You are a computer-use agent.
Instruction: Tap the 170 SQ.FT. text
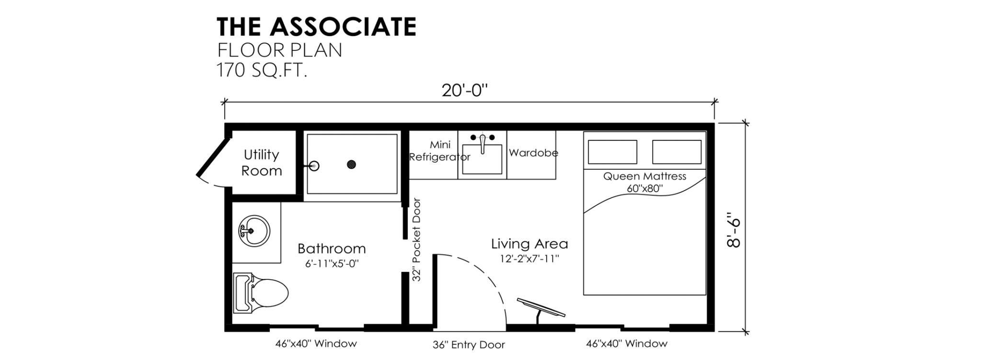(262, 70)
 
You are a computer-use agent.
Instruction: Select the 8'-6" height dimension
(733, 229)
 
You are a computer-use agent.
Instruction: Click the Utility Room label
(261, 163)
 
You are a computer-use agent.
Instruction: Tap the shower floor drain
(352, 164)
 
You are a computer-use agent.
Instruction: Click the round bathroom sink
(254, 231)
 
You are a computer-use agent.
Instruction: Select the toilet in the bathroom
(261, 292)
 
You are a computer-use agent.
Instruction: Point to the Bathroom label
(332, 248)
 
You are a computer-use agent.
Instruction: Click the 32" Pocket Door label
(416, 240)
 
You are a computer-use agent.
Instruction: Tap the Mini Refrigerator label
(439, 151)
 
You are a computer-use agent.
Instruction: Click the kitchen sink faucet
(483, 143)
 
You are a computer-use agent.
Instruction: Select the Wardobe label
(533, 153)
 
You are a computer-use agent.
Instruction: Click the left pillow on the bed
(612, 152)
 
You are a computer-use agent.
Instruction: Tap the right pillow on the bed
(677, 152)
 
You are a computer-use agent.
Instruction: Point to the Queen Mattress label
(644, 176)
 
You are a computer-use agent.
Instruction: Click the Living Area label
(529, 244)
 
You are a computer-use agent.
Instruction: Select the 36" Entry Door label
(469, 345)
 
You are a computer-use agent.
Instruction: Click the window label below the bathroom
(316, 344)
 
